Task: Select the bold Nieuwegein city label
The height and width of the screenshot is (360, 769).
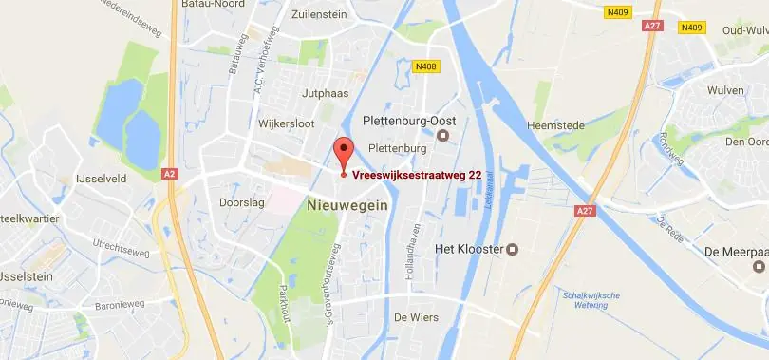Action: (x=347, y=203)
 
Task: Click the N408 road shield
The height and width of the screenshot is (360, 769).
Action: (x=426, y=66)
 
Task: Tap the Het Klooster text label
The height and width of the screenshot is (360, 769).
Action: (x=467, y=250)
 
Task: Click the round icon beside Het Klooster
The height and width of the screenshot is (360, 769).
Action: (x=514, y=250)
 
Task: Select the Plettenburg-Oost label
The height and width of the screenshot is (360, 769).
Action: (x=411, y=121)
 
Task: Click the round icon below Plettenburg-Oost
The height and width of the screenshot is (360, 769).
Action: (x=442, y=136)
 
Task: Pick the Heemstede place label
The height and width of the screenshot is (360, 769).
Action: (x=557, y=124)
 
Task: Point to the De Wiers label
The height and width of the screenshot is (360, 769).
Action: (x=416, y=318)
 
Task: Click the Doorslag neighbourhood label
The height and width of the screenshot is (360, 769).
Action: (x=241, y=202)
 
